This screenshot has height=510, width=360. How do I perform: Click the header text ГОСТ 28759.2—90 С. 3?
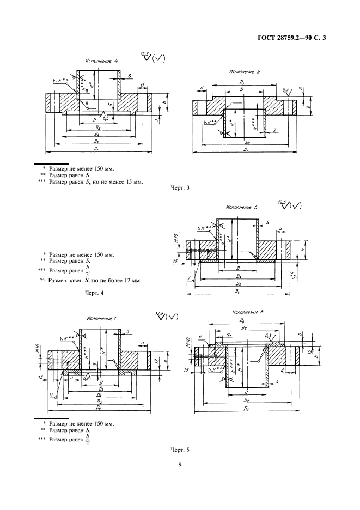pos(294,38)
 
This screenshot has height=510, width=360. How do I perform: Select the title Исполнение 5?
pos(245,71)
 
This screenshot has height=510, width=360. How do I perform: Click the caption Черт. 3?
pos(180,189)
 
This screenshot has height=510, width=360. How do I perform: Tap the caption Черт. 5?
pos(180,449)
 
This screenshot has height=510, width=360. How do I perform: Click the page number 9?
pos(180,465)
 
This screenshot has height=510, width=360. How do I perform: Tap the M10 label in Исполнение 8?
pos(188,342)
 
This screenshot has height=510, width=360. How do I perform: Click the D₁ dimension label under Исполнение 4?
pos(96,148)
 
